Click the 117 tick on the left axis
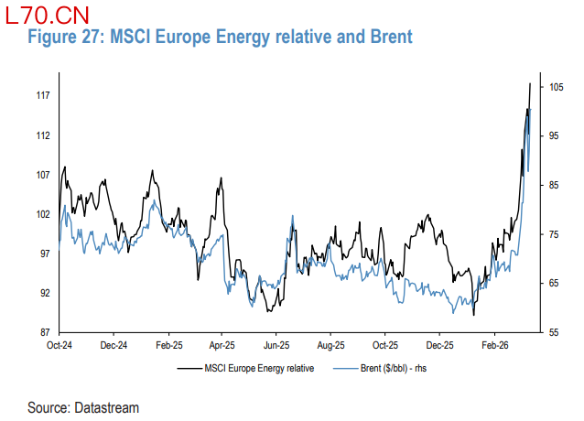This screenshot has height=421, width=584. (43, 96)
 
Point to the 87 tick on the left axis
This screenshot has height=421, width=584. (43, 332)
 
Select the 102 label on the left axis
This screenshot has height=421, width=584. (43, 214)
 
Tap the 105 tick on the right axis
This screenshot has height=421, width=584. (556, 87)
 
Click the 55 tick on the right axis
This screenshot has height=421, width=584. (554, 332)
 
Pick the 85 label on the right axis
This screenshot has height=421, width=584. (554, 185)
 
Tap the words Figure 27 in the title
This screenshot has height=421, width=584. (64, 38)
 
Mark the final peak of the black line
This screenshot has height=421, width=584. (531, 83)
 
